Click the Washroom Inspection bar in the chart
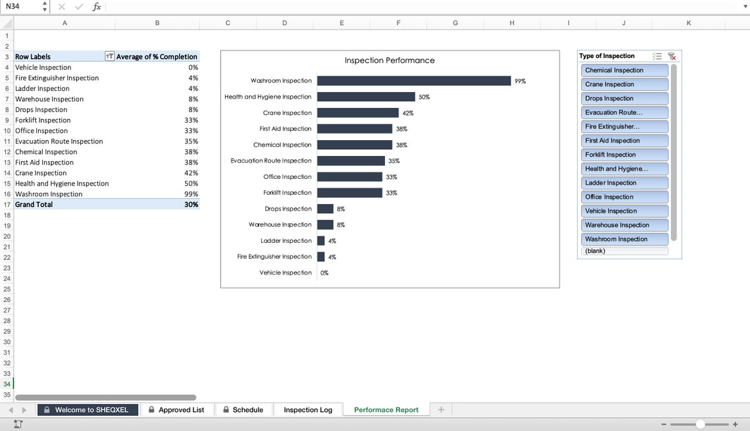click(x=414, y=81)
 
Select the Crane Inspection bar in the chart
click(x=358, y=113)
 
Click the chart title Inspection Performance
click(x=389, y=61)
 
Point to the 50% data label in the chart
click(x=424, y=97)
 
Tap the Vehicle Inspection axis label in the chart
click(x=286, y=273)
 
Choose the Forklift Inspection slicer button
click(x=624, y=155)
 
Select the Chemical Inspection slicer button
click(x=624, y=70)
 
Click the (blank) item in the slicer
click(x=624, y=251)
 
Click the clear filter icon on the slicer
click(x=672, y=57)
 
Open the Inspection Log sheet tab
click(x=308, y=410)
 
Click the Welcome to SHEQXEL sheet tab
click(x=88, y=410)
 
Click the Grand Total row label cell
click(x=34, y=205)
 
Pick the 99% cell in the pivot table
click(x=191, y=194)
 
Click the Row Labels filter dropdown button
click(x=109, y=57)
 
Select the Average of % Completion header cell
click(x=157, y=57)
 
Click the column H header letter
click(x=512, y=23)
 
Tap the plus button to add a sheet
click(x=441, y=410)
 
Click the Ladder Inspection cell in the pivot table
click(x=42, y=89)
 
